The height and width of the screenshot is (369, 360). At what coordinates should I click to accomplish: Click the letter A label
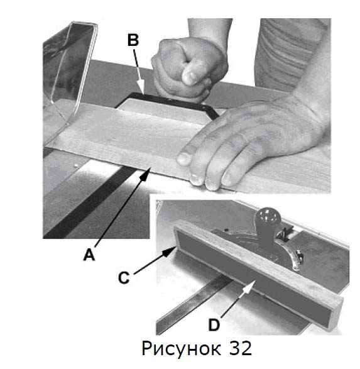coord(89,255)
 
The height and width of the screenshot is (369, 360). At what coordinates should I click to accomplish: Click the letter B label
coord(133,40)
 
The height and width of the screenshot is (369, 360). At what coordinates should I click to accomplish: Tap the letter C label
coord(124,277)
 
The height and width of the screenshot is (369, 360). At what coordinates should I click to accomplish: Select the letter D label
coord(214,325)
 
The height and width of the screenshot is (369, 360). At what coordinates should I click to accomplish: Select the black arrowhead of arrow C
coord(169,251)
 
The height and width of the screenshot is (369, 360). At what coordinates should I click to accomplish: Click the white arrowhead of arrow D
coord(250,286)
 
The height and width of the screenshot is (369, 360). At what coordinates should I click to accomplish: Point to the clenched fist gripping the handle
coord(190,69)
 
